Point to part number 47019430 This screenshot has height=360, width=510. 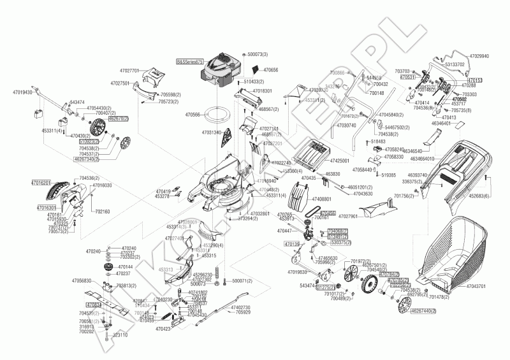[x=22, y=92]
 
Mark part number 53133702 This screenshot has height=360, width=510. [x=455, y=65]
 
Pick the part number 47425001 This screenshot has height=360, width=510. [x=339, y=161]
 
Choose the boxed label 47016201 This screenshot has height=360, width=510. [x=41, y=182]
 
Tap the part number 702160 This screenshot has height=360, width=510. [x=102, y=212]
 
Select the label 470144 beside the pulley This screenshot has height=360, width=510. [x=126, y=267]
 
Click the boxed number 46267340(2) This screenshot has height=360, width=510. [x=87, y=159]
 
